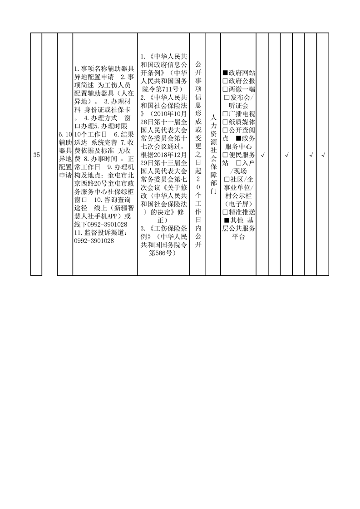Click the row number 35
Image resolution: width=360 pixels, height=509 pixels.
(x=36, y=155)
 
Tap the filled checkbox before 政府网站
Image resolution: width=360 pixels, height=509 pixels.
(x=225, y=73)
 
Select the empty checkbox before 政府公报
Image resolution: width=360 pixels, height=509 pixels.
(x=225, y=81)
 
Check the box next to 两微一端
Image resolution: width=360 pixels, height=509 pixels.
(x=225, y=89)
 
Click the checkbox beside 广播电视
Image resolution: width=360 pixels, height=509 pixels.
(x=225, y=114)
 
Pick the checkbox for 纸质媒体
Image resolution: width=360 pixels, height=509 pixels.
(x=225, y=122)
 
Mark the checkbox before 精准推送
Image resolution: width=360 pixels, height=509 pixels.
(x=225, y=212)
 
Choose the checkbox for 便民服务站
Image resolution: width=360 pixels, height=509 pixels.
(x=225, y=155)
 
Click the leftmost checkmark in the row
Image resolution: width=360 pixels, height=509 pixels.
(x=262, y=155)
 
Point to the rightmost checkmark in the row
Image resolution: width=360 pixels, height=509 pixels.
(x=323, y=155)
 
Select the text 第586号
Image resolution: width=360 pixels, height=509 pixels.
(x=163, y=253)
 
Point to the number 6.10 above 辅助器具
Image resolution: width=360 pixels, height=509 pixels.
(x=65, y=134)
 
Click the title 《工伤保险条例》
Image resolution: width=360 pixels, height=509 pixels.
(x=164, y=233)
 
